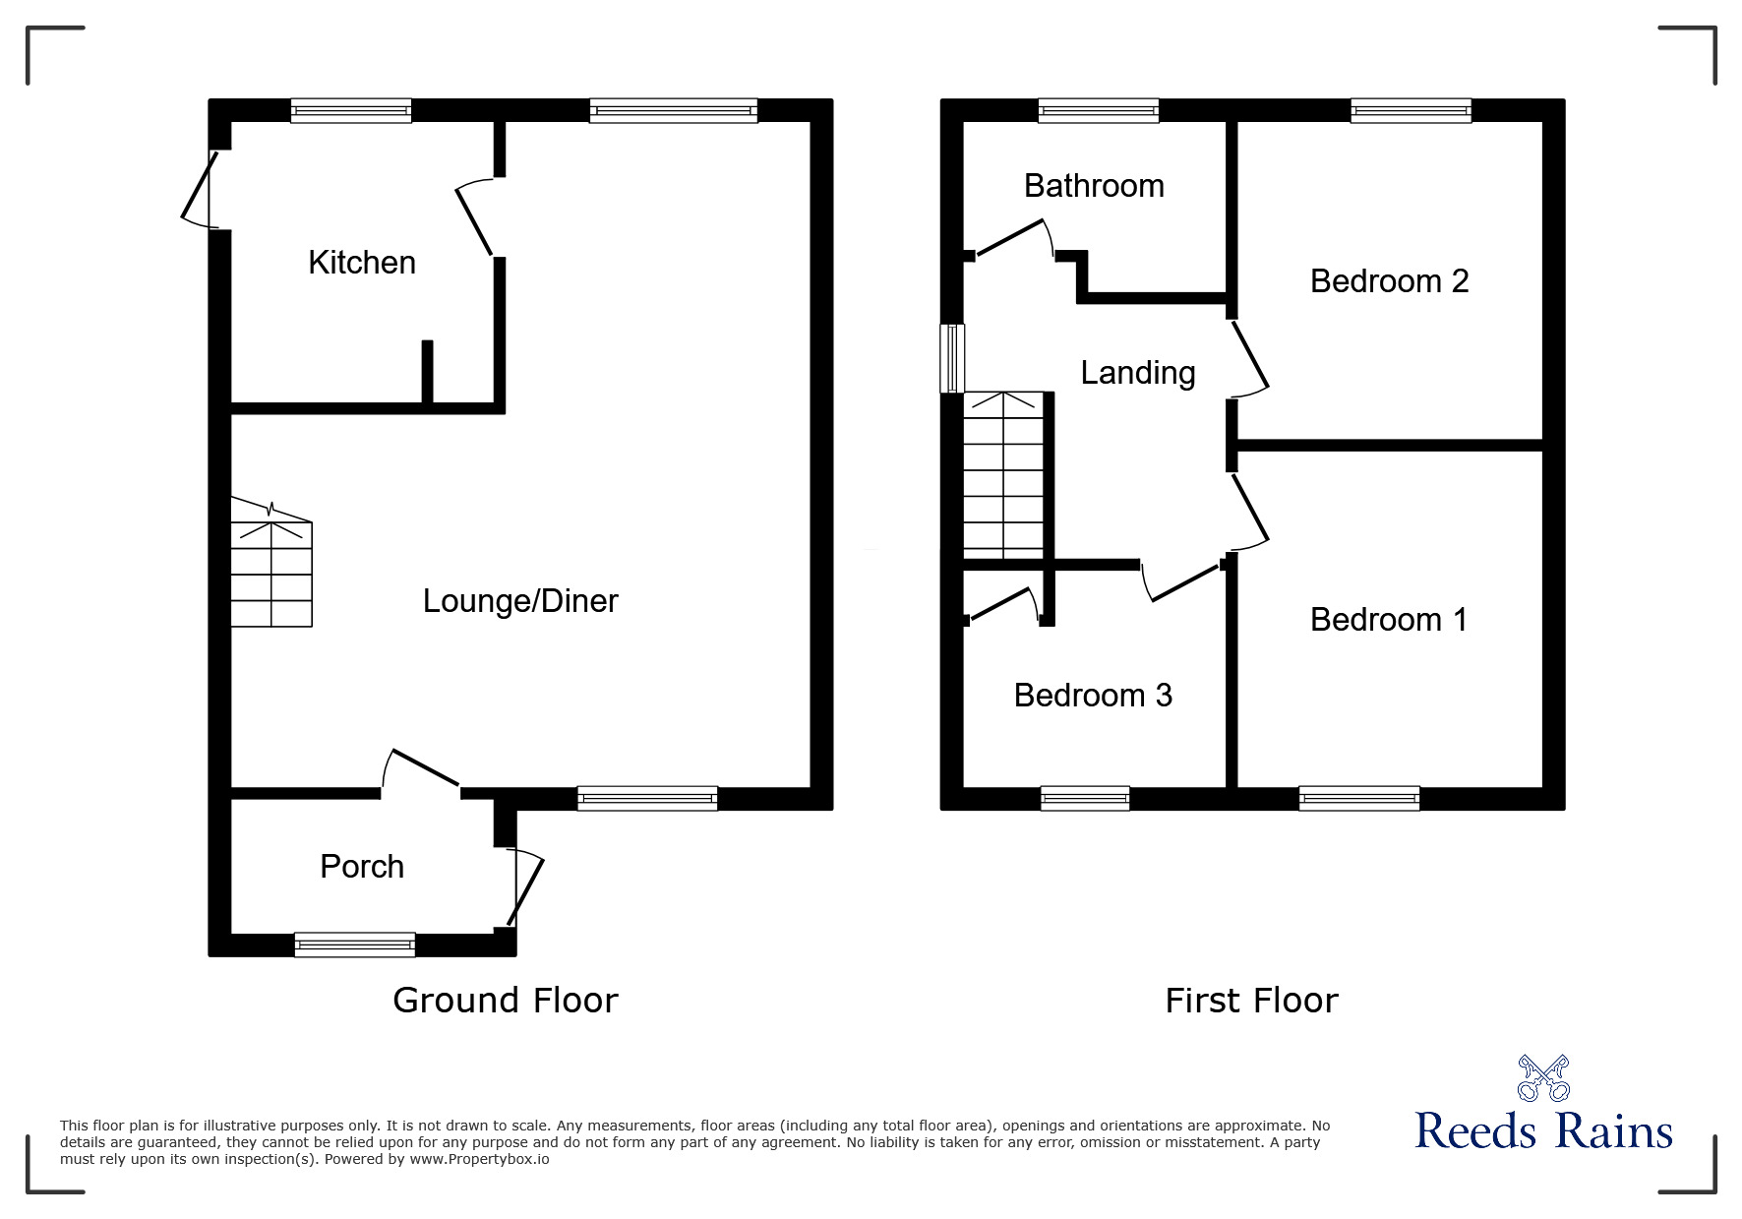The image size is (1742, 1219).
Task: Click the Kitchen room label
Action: pyautogui.click(x=362, y=263)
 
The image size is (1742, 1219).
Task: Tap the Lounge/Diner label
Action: pyautogui.click(x=520, y=601)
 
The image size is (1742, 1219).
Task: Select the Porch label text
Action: pyautogui.click(x=362, y=867)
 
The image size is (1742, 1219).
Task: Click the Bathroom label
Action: pyautogui.click(x=1094, y=186)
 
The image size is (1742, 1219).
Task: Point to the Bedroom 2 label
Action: pyautogui.click(x=1389, y=281)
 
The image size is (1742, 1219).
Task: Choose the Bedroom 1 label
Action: pyautogui.click(x=1388, y=620)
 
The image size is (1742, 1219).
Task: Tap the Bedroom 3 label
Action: pyautogui.click(x=1093, y=696)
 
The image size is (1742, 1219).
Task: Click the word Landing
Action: pyautogui.click(x=1138, y=373)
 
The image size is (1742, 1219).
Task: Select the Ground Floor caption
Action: pyautogui.click(x=505, y=1001)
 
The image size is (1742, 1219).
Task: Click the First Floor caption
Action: pyautogui.click(x=1251, y=1001)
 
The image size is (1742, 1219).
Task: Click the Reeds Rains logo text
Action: pyautogui.click(x=1543, y=1131)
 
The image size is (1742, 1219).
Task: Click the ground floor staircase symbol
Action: pyautogui.click(x=271, y=571)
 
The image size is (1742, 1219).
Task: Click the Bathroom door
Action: pyautogui.click(x=1013, y=239)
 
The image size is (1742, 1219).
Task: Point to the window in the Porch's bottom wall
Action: pyautogui.click(x=355, y=945)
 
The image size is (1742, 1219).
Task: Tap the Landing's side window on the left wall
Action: pyautogui.click(x=952, y=358)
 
